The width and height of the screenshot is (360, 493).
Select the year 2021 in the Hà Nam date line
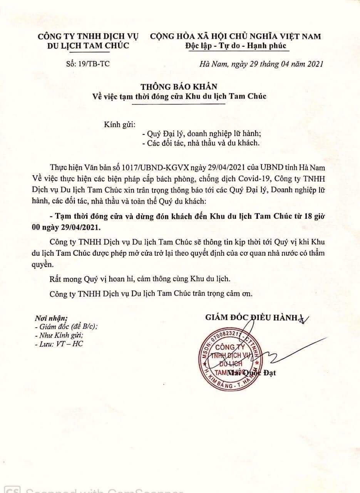click(x=314, y=64)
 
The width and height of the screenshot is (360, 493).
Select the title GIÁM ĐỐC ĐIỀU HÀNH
click(x=251, y=317)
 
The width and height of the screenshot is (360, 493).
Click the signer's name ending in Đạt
click(x=252, y=373)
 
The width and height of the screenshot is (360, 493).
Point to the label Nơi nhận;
click(x=51, y=318)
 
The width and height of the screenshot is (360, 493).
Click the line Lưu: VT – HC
click(x=59, y=344)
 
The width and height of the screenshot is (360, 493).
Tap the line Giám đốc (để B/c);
click(x=66, y=327)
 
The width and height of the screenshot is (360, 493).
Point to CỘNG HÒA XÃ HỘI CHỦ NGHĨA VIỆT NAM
click(x=235, y=37)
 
